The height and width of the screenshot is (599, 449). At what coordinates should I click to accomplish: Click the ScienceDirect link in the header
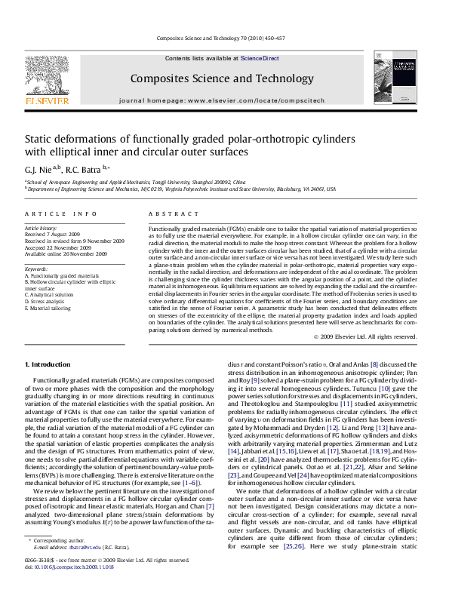pyautogui.click(x=260, y=58)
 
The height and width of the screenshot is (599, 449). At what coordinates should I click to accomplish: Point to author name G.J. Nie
pyautogui.click(x=39, y=170)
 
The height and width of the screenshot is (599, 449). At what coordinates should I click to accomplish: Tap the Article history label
pyautogui.click(x=42, y=227)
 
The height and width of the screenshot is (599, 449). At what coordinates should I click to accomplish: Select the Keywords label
pyautogui.click(x=38, y=269)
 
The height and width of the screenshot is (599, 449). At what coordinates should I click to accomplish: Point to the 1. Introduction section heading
pyautogui.click(x=50, y=364)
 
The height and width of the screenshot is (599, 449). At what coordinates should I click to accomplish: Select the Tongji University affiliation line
pyautogui.click(x=137, y=183)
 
